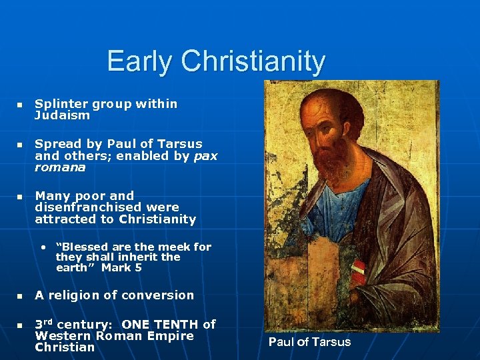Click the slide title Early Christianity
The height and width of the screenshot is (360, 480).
pyautogui.click(x=216, y=61)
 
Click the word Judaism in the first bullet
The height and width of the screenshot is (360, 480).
pyautogui.click(x=62, y=115)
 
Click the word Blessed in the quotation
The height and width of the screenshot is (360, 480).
pyautogui.click(x=83, y=247)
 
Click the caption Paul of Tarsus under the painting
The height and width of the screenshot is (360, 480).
pyautogui.click(x=309, y=342)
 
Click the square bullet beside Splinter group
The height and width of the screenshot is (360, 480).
pyautogui.click(x=20, y=105)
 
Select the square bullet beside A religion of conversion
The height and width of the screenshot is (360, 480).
pyautogui.click(x=20, y=296)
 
